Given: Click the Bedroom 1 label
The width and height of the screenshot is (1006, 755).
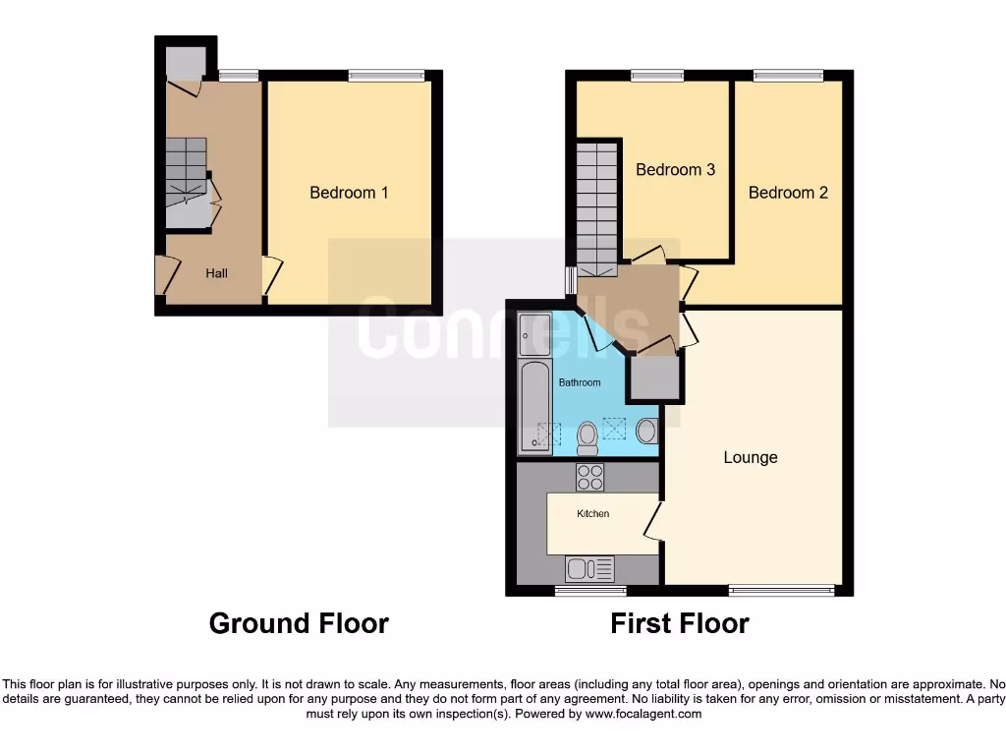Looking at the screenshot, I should pos(349,193).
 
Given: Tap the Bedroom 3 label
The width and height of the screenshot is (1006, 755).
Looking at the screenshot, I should pos(675,170).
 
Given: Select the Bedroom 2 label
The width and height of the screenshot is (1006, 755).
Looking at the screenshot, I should pos(788,193).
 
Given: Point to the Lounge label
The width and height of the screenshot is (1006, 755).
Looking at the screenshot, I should pos(751,457).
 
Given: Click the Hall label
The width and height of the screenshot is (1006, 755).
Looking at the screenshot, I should pos(216,273).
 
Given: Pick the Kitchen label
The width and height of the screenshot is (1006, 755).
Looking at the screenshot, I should pos(592,513).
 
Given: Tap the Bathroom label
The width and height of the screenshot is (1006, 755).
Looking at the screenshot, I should pos(580,382).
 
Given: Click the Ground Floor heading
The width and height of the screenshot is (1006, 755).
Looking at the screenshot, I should pos(299,623).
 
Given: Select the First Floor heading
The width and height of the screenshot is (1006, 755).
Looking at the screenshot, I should pos(680,623).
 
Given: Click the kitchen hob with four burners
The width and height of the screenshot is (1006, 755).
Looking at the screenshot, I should pos(590,477).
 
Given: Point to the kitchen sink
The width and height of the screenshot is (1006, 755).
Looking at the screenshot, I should pos(589,568).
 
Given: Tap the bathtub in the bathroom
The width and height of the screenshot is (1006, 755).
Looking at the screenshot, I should pos(535,404).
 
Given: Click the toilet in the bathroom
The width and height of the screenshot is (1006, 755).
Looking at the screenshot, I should pos(587,437).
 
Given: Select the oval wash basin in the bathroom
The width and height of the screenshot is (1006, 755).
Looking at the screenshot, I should pos(646,431).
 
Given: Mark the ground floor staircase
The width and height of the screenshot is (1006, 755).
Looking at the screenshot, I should pos(187,172).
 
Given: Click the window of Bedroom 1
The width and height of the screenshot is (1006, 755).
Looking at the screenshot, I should pos(386,75).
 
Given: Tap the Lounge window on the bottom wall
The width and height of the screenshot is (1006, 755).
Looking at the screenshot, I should pos(781,590).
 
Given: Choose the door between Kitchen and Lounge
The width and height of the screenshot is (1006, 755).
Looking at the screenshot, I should pos(653,519).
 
